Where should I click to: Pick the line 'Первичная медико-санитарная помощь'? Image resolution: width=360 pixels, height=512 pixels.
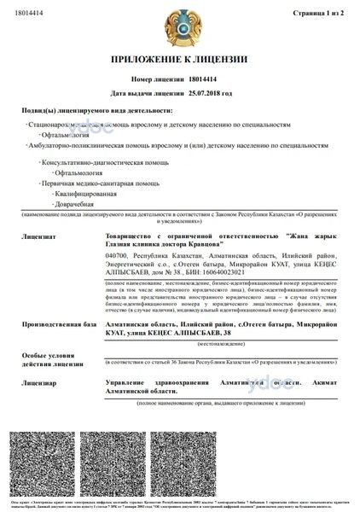click(x=96, y=183)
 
